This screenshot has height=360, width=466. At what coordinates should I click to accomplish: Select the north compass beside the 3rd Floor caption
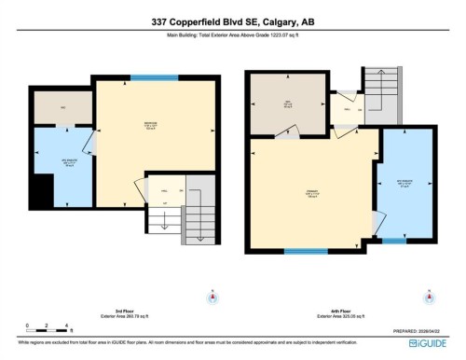point(212,297)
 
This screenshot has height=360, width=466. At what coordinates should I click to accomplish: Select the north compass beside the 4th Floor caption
point(426,297)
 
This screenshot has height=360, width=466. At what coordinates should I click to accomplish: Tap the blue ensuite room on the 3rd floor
point(61,166)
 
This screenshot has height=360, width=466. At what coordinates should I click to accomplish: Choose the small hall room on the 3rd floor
point(162,191)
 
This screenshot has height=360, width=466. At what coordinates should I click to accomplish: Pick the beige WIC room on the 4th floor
point(288,104)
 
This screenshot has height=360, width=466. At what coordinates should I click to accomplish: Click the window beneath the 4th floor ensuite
point(394,242)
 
